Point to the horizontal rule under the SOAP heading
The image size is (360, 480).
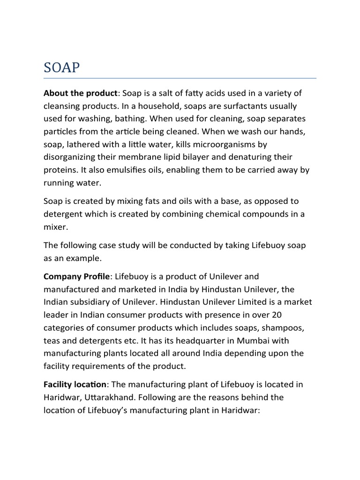(x=180, y=78)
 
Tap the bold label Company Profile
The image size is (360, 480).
(x=77, y=277)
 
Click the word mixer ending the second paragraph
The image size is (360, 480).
(x=56, y=226)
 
